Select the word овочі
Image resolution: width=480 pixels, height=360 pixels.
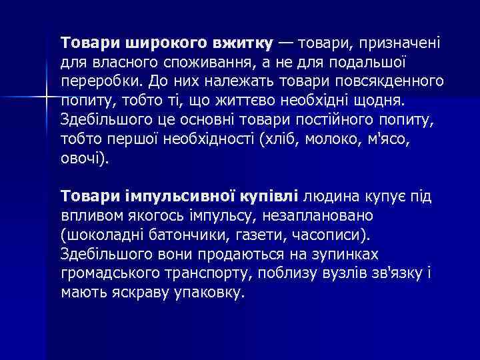tap(81, 159)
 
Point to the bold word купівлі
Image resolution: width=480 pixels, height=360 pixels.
tap(267, 197)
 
